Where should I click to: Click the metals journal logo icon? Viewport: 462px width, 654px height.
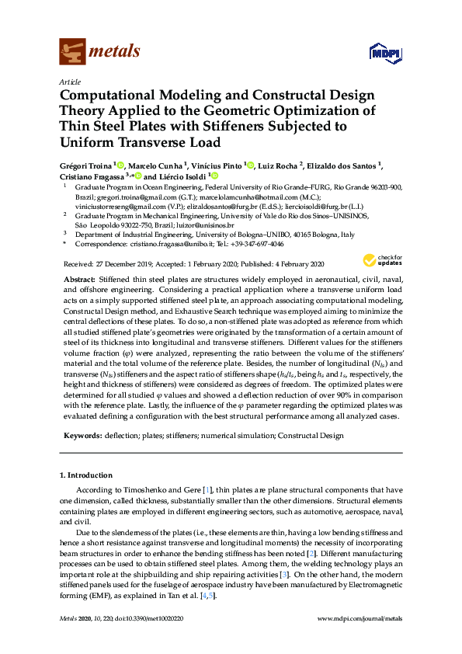(72, 52)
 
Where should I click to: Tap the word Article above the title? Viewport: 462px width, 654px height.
(68, 81)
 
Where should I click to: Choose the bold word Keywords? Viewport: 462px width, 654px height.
(80, 437)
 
